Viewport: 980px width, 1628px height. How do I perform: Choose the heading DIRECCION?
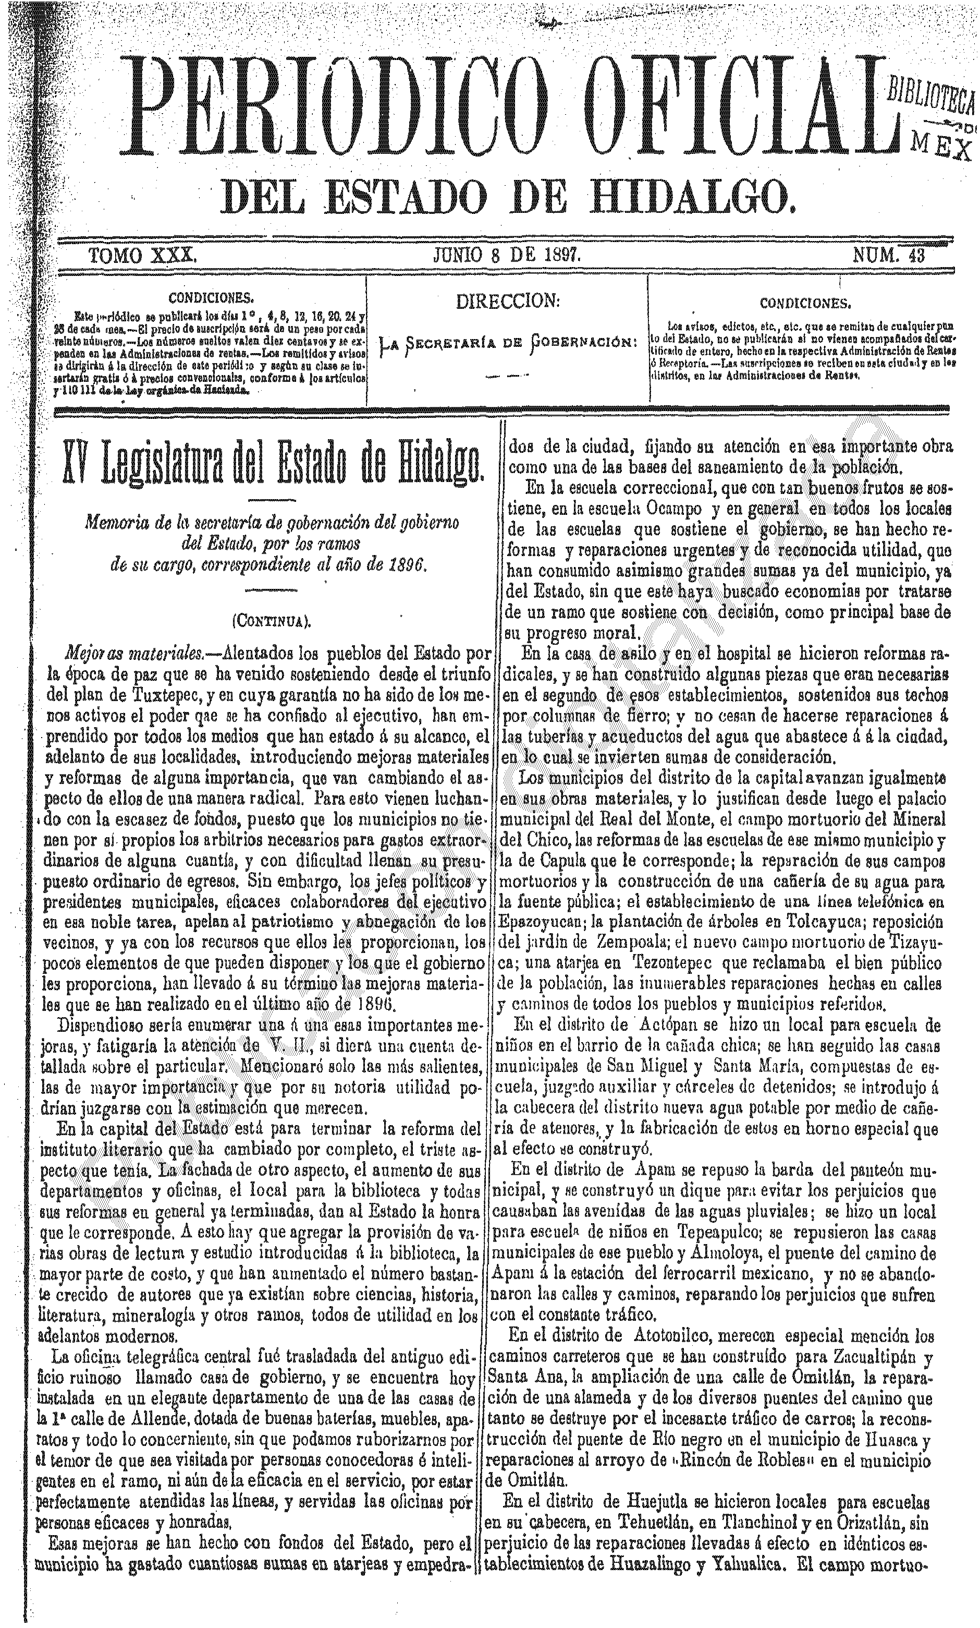[508, 302]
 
